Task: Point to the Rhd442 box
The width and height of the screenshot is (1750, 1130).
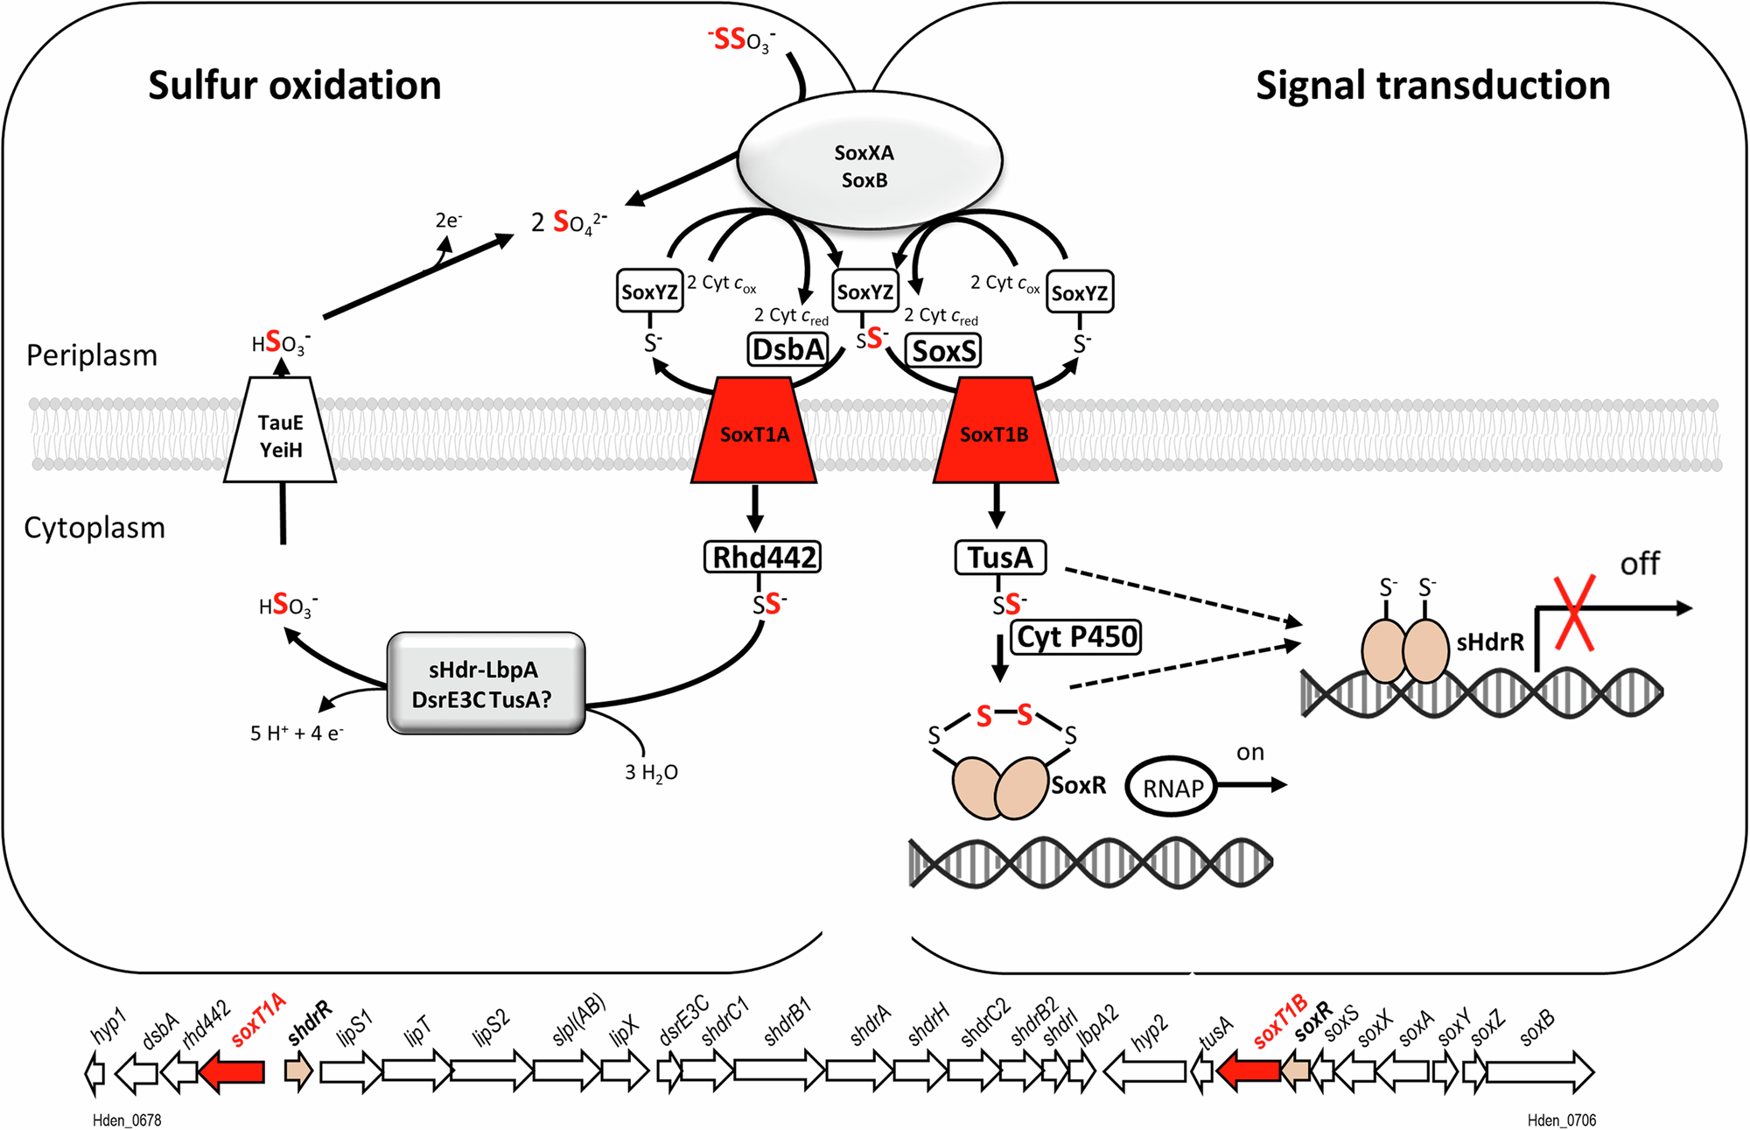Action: point(763,557)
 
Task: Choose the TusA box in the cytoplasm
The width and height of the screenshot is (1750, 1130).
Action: point(999,557)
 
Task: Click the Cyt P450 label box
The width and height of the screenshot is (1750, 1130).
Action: point(1077,636)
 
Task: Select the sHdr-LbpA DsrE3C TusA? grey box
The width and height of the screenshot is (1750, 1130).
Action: point(486,684)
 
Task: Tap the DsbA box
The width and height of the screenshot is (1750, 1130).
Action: point(787,349)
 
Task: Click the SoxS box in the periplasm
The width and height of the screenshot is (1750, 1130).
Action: point(943,351)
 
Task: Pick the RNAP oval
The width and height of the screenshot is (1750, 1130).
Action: point(1172,788)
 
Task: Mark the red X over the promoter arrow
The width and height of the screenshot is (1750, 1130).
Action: point(1574,614)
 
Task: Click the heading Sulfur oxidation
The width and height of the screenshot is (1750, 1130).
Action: point(294,86)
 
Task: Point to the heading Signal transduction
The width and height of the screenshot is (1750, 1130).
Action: point(1432,86)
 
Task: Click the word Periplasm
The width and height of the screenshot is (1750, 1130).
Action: point(92,355)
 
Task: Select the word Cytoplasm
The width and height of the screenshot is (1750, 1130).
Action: point(94,528)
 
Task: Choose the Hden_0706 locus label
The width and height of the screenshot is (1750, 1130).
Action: point(1561,1120)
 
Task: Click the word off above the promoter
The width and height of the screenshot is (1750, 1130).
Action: point(1639,565)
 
